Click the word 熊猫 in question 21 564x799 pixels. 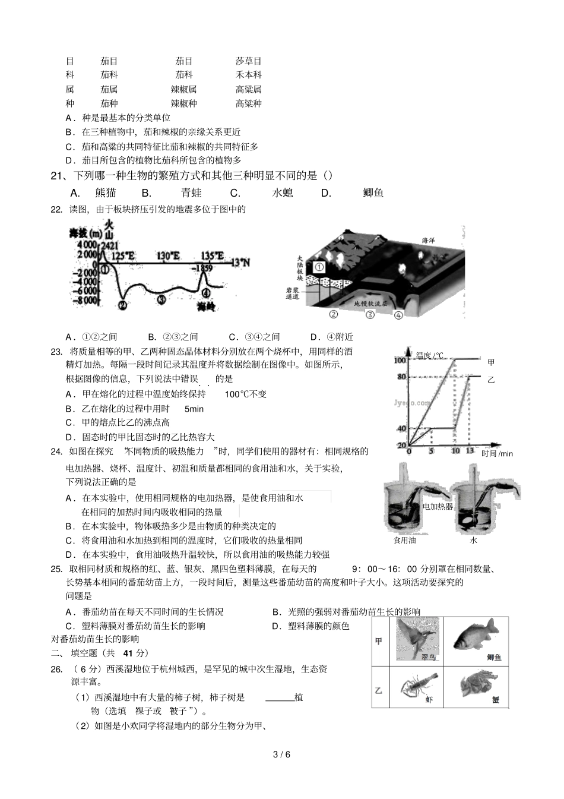point(106,192)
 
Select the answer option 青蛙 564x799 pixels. point(192,192)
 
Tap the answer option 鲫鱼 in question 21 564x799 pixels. point(373,192)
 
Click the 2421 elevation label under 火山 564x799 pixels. point(109,245)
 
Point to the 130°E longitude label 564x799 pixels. point(168,256)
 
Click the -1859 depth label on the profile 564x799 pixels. point(204,268)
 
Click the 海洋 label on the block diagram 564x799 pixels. point(428,241)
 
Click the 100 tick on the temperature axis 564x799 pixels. point(400,360)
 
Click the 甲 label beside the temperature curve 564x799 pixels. point(490,362)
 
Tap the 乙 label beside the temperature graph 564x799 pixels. point(490,380)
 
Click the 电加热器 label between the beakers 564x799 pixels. point(438,507)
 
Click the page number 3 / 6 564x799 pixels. point(281,754)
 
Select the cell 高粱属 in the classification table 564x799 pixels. point(248,89)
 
